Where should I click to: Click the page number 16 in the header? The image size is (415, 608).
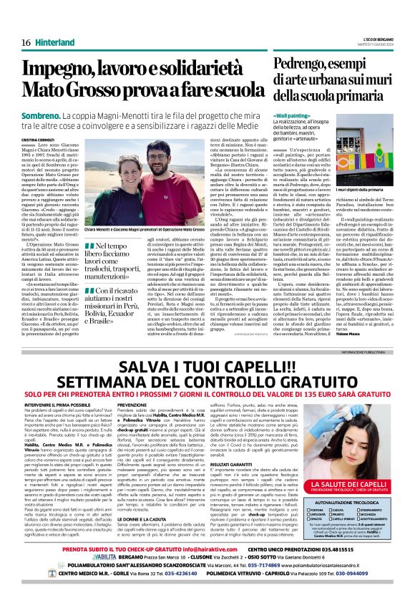click(26, 42)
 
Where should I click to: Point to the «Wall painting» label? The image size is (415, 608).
click(291, 115)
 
